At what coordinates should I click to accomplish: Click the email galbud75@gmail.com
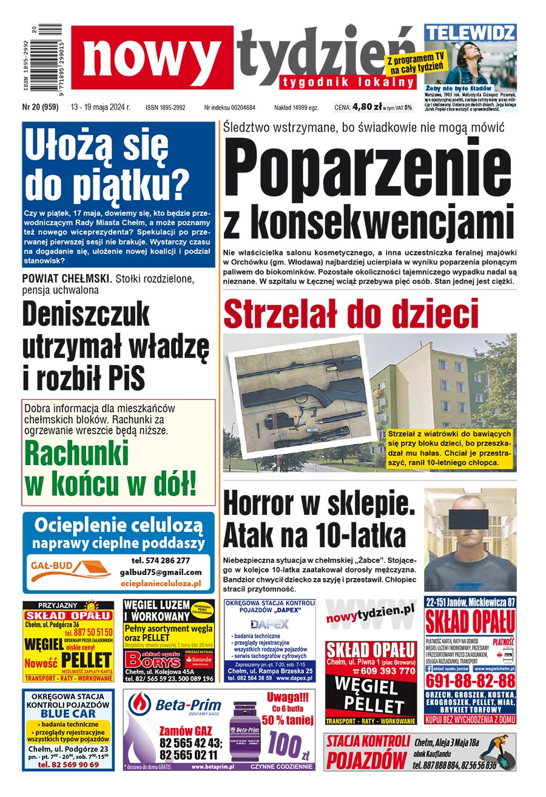click(161, 572)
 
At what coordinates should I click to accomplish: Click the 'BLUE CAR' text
click(68, 714)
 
